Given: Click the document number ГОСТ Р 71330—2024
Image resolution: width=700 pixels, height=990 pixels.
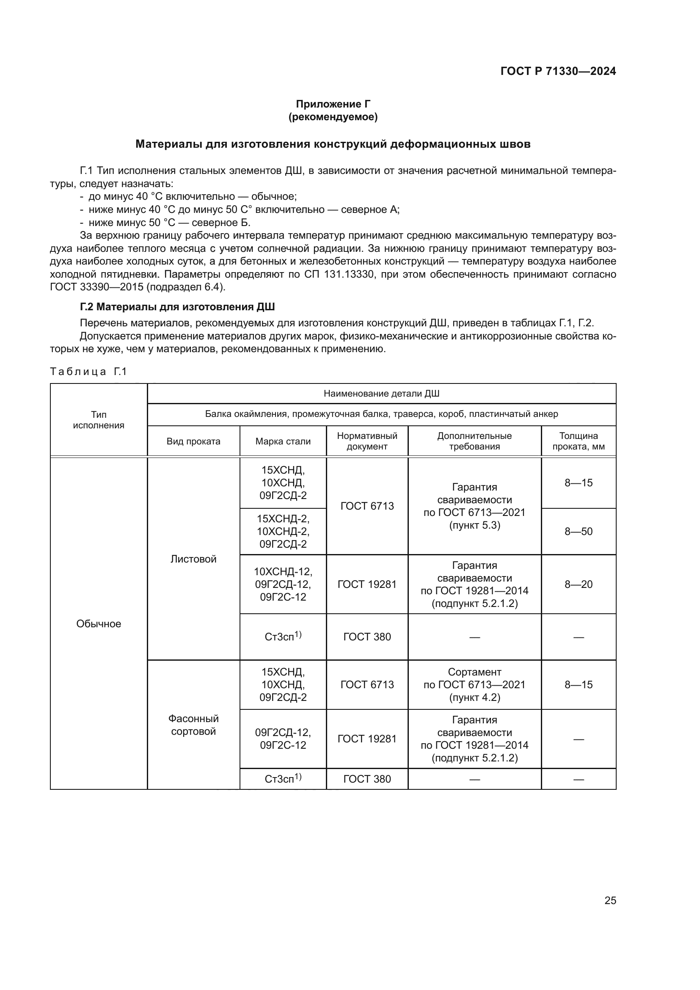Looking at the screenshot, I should [x=558, y=72].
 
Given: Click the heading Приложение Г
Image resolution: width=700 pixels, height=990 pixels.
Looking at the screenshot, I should [x=333, y=104].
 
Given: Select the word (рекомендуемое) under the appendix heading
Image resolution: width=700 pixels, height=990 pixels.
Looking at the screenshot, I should [x=333, y=117].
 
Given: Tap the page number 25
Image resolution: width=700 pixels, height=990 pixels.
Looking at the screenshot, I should [x=610, y=900].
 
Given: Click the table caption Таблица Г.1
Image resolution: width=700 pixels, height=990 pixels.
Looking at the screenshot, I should [x=88, y=372].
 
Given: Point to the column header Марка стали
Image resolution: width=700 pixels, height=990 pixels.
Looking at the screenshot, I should [x=283, y=441].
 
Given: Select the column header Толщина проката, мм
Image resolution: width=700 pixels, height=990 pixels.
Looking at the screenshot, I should [x=578, y=441].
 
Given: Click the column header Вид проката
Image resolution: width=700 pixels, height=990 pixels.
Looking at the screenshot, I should [x=193, y=441].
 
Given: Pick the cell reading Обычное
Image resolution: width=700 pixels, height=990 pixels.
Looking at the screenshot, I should [x=98, y=623].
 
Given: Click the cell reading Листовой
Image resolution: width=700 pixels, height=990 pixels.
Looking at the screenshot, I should [x=193, y=559].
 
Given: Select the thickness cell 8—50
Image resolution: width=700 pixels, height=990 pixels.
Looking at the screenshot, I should [x=578, y=531].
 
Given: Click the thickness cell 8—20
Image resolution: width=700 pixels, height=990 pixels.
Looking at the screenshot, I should [x=578, y=584].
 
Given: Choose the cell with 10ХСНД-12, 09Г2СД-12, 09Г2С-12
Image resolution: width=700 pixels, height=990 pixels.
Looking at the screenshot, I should [x=283, y=584].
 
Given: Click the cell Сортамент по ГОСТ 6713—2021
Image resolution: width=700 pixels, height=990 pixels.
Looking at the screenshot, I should [x=474, y=684].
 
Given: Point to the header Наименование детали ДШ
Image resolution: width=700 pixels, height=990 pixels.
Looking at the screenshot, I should [x=381, y=393].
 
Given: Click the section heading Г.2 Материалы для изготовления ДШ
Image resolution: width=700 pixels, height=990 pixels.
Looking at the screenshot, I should [x=177, y=306].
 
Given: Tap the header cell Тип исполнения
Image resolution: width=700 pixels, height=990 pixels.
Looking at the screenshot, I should [x=98, y=419].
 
